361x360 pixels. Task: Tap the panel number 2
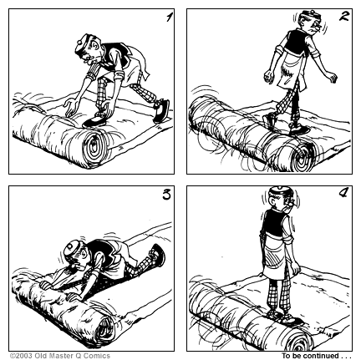pos(344,17)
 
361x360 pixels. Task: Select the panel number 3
pos(165,197)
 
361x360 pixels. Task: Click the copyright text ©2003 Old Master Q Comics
pos(59,355)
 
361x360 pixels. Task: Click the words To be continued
pos(317,355)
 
